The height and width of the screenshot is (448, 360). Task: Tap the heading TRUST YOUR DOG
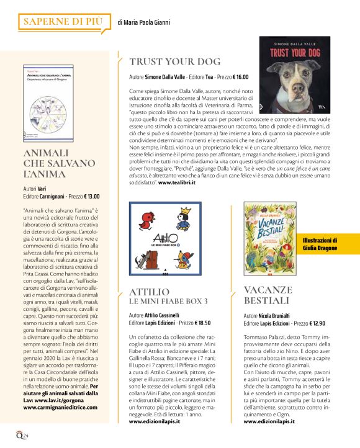pos(174,61)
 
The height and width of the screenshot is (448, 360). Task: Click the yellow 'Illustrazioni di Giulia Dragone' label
pos(328,244)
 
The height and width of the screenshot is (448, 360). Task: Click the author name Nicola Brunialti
pos(282,316)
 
